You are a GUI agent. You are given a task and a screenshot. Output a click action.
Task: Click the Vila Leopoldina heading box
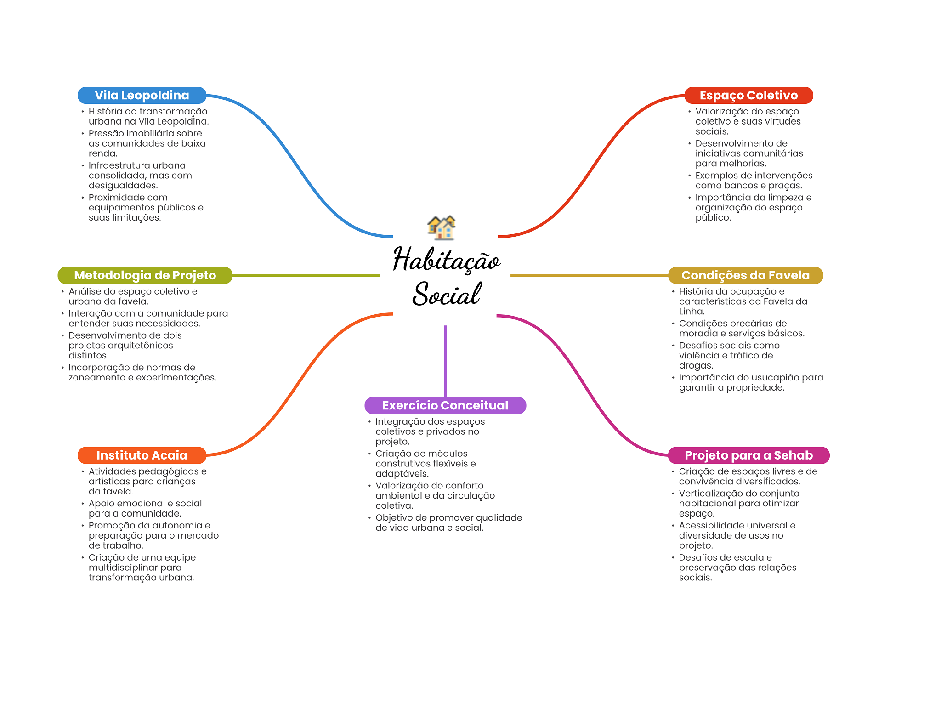[x=142, y=95]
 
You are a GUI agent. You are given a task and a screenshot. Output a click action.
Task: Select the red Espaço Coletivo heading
[x=748, y=95]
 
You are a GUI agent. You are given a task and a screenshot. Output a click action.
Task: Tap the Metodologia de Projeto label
[x=145, y=275]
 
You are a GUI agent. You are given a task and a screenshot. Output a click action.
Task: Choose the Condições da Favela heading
[x=745, y=275]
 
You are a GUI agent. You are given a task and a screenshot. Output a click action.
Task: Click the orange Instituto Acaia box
[x=142, y=455]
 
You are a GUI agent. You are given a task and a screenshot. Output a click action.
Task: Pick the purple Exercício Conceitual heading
[x=445, y=405]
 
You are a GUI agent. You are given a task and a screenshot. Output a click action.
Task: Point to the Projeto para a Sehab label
[x=748, y=455]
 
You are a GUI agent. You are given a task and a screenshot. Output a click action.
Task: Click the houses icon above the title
[x=442, y=227]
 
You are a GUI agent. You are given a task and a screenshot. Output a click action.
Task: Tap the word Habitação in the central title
[x=446, y=260]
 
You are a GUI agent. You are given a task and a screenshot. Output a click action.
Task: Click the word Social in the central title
[x=446, y=294]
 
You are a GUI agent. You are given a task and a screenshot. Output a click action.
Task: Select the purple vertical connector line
[x=445, y=361]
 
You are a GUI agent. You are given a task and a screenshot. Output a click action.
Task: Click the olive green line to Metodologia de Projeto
[x=306, y=275]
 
